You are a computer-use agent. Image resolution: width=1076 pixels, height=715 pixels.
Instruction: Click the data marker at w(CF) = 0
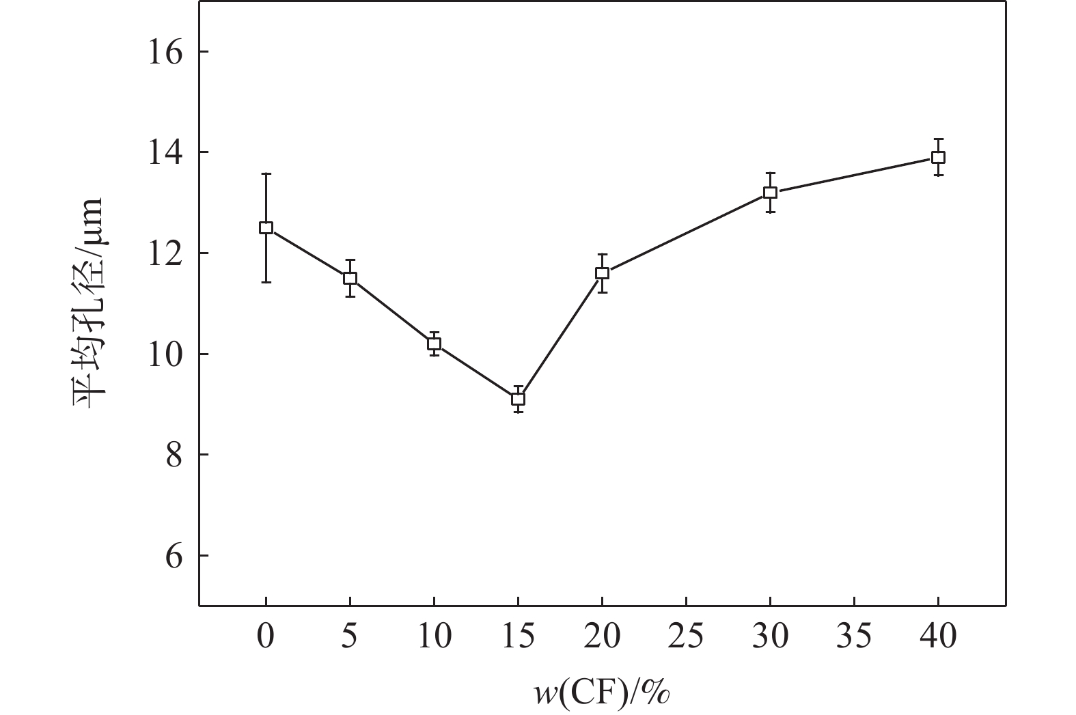(266, 227)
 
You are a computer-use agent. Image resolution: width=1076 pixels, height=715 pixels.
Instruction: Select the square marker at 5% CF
(350, 278)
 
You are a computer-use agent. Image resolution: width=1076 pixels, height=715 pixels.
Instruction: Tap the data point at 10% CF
(434, 344)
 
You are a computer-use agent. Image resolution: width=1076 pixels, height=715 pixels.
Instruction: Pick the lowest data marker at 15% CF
(518, 399)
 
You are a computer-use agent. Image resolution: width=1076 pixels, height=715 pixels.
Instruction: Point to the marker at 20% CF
(602, 273)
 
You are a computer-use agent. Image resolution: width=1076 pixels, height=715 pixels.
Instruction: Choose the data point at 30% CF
(770, 193)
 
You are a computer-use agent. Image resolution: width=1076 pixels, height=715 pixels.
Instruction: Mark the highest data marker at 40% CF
(938, 157)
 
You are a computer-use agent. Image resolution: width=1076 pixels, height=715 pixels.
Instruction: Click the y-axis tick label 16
(166, 52)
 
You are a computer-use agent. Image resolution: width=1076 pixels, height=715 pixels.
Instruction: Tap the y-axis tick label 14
(166, 152)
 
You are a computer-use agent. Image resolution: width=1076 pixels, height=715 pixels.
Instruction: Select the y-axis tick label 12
(166, 253)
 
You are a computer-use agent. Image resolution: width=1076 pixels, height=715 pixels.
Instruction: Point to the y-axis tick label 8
(174, 455)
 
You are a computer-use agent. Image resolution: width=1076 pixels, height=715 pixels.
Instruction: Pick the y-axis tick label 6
(174, 556)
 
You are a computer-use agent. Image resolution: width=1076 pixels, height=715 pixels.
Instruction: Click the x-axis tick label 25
(686, 637)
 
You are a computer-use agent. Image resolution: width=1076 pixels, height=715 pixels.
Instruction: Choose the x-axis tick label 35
(854, 637)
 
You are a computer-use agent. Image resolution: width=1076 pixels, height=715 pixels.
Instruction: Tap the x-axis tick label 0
(266, 637)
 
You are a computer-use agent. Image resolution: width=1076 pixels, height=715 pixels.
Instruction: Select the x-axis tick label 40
(938, 637)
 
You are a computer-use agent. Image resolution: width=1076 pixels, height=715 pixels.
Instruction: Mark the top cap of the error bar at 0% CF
(266, 174)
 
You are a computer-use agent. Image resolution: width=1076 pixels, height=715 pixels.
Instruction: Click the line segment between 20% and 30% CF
(686, 233)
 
